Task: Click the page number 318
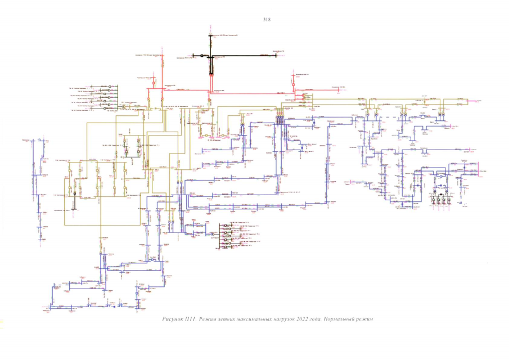267,19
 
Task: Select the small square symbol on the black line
201,56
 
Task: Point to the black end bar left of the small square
194,56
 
